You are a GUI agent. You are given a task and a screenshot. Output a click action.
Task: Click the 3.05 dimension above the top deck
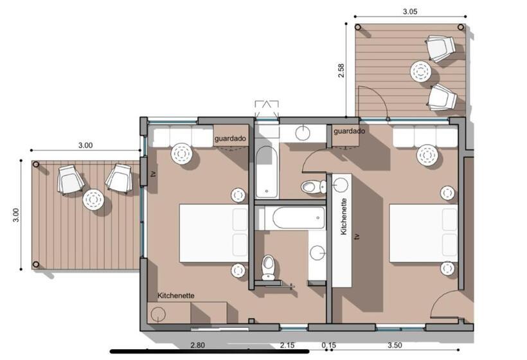point(409,11)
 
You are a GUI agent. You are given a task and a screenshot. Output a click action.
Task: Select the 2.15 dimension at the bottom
point(288,346)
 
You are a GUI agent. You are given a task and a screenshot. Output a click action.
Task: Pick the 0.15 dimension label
point(328,346)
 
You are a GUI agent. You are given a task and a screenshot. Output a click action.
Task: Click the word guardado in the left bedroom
point(230,138)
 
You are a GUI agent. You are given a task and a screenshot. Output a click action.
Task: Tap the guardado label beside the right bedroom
point(349,131)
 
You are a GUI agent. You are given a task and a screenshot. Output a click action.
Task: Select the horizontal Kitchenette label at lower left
point(175,296)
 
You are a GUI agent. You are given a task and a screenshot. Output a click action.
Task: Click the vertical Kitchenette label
point(345,217)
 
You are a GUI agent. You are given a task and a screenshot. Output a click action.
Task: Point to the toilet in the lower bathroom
point(269,265)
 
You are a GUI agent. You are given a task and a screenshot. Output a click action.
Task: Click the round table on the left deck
point(94,201)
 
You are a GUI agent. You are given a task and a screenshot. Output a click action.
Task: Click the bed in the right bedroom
point(424,233)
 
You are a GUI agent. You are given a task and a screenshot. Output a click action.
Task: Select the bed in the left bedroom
point(213,233)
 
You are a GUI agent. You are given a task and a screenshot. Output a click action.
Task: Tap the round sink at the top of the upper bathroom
point(303,132)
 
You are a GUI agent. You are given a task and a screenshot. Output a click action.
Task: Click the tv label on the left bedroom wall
point(153,174)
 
